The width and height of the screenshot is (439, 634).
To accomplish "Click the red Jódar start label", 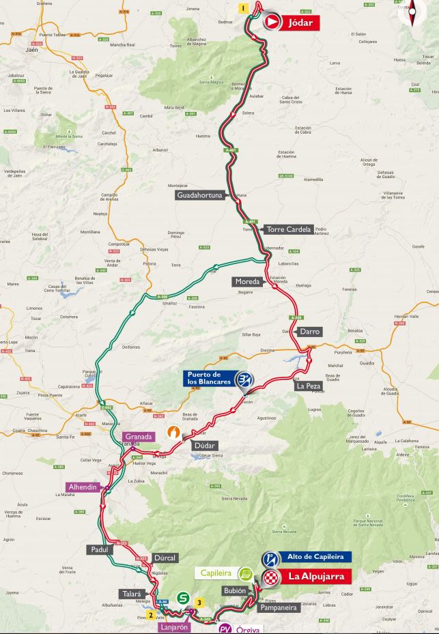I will pos(300,23).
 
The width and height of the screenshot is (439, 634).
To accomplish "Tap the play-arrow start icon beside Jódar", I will pos(272,23).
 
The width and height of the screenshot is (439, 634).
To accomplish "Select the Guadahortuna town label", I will pos(200,195).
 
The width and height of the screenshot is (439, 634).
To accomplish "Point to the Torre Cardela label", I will pos(289,229).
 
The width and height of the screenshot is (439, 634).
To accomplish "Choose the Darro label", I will pos(309,332).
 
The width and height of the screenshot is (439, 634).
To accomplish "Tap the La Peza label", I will pos(307,386).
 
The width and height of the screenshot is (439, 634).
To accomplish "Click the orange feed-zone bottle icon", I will pos(175,432).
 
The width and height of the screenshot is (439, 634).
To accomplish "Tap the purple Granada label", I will pos(139,436).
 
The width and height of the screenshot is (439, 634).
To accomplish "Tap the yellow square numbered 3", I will pos(199,602).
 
